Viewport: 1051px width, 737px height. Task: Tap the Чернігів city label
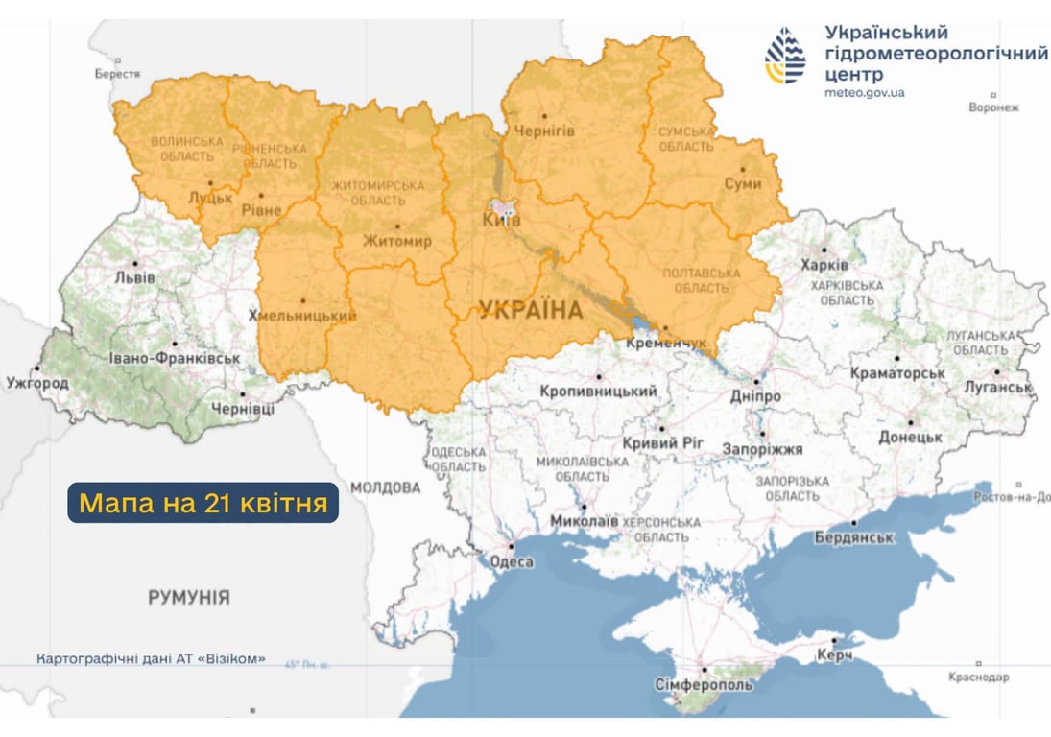pyautogui.click(x=544, y=131)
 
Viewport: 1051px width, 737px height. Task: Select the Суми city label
pyautogui.click(x=743, y=183)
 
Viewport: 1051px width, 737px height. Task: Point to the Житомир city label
pyautogui.click(x=397, y=241)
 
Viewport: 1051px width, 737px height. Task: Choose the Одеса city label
pyautogui.click(x=511, y=561)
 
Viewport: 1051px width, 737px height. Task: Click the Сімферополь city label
pyautogui.click(x=705, y=685)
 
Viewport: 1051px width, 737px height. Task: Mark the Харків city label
pyautogui.click(x=825, y=264)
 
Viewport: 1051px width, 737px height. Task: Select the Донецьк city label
pyautogui.click(x=910, y=436)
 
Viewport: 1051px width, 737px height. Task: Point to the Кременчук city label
pyautogui.click(x=665, y=342)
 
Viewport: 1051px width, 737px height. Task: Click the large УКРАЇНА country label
pyautogui.click(x=530, y=310)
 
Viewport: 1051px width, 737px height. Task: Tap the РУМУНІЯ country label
pyautogui.click(x=189, y=598)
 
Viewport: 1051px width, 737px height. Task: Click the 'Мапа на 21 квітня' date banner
pyautogui.click(x=203, y=503)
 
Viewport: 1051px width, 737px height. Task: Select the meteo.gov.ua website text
pyautogui.click(x=864, y=93)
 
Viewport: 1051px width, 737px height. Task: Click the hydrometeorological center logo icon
pyautogui.click(x=785, y=57)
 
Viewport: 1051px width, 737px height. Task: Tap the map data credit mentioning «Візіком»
pyautogui.click(x=151, y=660)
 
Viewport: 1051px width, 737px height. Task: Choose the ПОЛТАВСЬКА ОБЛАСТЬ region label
pyautogui.click(x=701, y=281)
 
